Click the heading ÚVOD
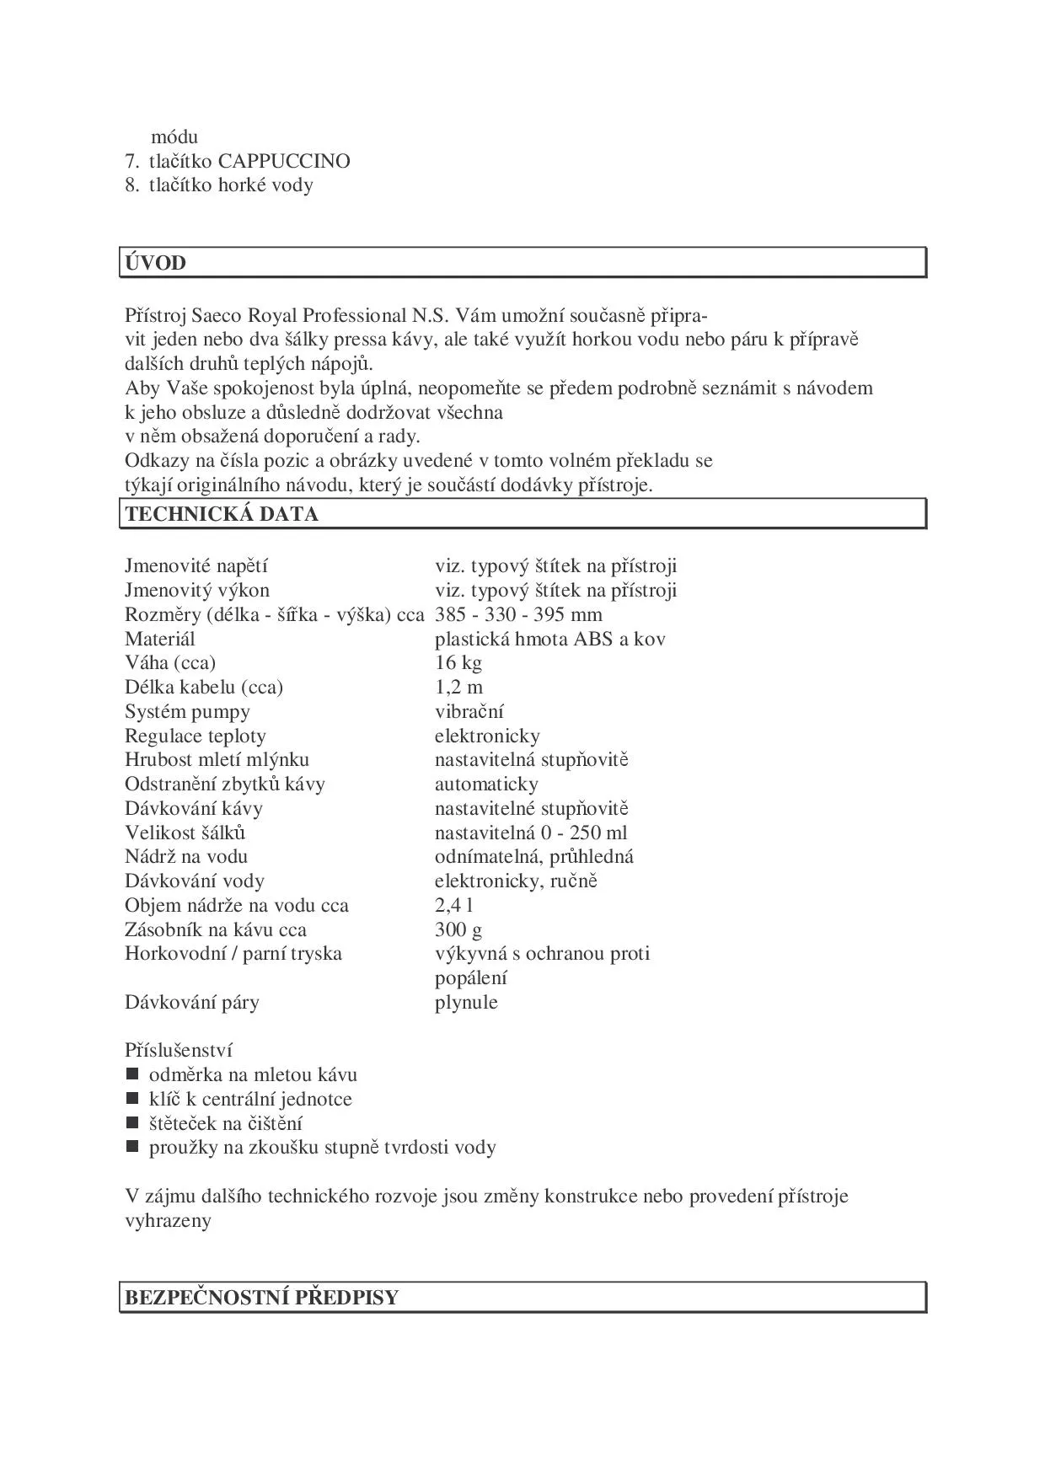[x=156, y=263]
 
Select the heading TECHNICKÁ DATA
[x=222, y=515]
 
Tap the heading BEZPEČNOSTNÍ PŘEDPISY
[x=261, y=1298]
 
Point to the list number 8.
[x=131, y=185]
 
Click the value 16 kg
[x=458, y=663]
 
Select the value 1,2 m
[x=459, y=688]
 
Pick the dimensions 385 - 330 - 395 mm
[x=518, y=615]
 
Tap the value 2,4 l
[x=454, y=906]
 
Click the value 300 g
[x=458, y=930]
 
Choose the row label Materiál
[x=160, y=640]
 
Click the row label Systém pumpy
[x=187, y=712]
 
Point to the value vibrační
[x=469, y=712]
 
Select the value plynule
[x=466, y=1003]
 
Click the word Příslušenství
[x=179, y=1051]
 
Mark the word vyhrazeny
[x=168, y=1221]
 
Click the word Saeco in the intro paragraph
[x=217, y=317]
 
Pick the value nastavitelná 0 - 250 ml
[x=531, y=833]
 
